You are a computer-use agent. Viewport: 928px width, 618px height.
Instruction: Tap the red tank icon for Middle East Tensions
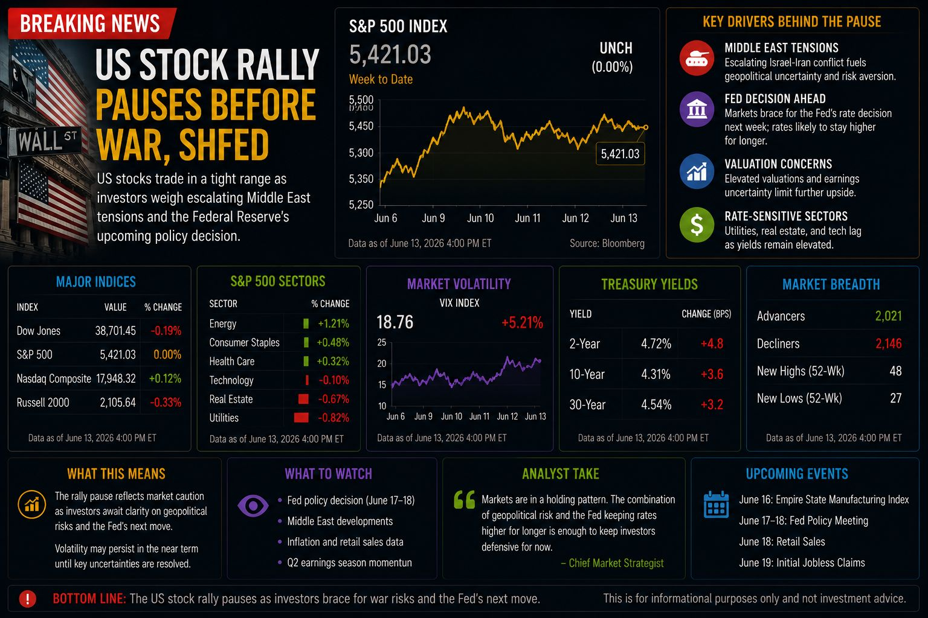coord(697,58)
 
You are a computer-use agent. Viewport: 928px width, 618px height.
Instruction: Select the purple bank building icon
coord(697,109)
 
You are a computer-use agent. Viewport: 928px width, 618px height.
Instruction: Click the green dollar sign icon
coord(697,225)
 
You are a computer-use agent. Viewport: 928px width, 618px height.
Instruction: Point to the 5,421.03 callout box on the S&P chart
coord(620,154)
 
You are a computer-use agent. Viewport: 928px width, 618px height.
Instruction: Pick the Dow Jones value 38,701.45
coord(115,331)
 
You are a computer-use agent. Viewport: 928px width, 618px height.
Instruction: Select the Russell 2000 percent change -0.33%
coord(166,403)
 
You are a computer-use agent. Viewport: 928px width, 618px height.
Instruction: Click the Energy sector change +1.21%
coord(333,323)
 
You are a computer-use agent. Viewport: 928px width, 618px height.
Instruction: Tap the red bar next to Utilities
coord(301,418)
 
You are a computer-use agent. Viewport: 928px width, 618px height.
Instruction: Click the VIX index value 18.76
coord(395,322)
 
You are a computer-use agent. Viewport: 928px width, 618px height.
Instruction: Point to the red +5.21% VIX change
coord(522,322)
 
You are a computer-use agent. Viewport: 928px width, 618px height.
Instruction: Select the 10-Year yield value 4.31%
coord(656,374)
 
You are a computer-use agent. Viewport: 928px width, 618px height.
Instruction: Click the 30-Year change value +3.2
coord(712,404)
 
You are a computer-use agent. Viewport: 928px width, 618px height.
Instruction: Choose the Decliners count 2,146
coord(888,343)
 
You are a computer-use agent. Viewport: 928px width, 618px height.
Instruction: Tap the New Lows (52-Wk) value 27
coord(896,398)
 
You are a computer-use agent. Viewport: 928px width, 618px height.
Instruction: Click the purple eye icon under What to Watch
coord(253,505)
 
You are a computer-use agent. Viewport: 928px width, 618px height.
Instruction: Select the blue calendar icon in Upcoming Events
coord(717,504)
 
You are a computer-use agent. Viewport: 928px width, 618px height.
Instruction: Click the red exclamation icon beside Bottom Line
coord(28,599)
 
